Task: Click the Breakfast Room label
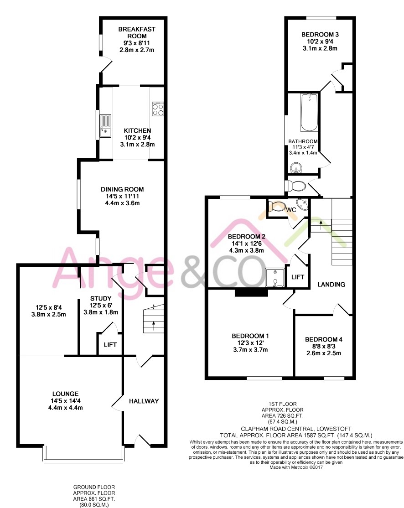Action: click(137, 32)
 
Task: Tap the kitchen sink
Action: click(105, 126)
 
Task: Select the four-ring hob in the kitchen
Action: click(158, 109)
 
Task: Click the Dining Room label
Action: click(122, 189)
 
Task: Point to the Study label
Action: click(101, 298)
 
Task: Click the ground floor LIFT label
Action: click(110, 345)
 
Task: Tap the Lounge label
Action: click(66, 394)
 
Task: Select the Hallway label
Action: click(144, 401)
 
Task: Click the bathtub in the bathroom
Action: click(309, 113)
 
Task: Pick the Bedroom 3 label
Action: click(320, 34)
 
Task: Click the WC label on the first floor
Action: click(291, 210)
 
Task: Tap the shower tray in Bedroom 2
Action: click(275, 278)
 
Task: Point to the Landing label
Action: click(331, 285)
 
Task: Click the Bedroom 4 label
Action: click(324, 340)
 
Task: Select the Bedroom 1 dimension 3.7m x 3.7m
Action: click(250, 350)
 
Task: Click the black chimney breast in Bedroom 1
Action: click(251, 293)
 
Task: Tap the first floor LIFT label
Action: click(297, 277)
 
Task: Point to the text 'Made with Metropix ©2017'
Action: click(296, 467)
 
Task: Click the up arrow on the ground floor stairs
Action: click(154, 326)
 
